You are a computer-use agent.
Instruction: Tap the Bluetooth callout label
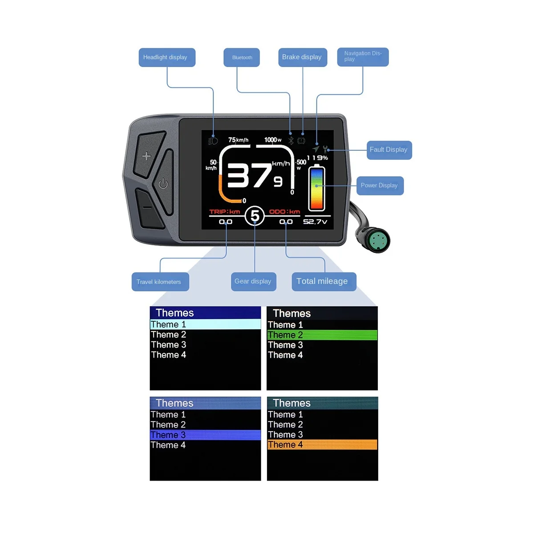point(242,57)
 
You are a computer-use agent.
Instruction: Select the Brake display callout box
point(303,57)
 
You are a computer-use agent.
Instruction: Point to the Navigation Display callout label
point(363,57)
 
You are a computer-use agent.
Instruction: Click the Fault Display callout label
point(388,150)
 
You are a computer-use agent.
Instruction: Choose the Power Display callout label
point(380,186)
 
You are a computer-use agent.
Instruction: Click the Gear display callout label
point(254,282)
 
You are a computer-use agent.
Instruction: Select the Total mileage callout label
point(324,282)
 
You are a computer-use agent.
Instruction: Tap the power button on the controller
point(163,183)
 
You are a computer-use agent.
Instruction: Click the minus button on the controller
point(147,207)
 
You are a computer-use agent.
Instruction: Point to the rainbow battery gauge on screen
point(317,188)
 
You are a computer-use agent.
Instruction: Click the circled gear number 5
point(255,216)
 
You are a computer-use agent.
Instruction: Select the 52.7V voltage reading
point(315,222)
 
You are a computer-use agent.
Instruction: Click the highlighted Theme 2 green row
point(322,335)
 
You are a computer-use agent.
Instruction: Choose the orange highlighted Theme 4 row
point(322,445)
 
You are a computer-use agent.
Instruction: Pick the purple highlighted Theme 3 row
point(205,435)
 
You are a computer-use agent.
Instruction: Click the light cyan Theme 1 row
point(205,324)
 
